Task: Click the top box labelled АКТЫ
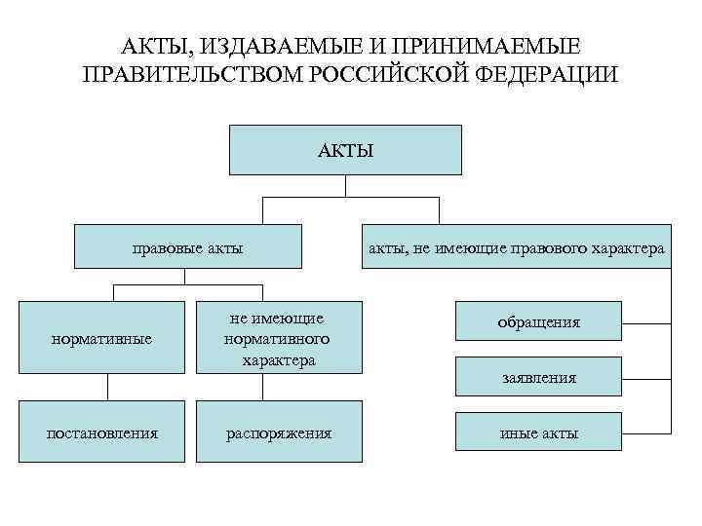pyautogui.click(x=344, y=149)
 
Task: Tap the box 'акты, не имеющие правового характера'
pyautogui.click(x=517, y=248)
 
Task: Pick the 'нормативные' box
pyautogui.click(x=101, y=338)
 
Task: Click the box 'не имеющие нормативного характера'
pyautogui.click(x=277, y=338)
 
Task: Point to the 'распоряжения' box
pyautogui.click(x=277, y=432)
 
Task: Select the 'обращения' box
pyautogui.click(x=538, y=321)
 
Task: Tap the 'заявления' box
pyautogui.click(x=538, y=376)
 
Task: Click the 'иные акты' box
pyautogui.click(x=538, y=432)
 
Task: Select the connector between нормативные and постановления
pyautogui.click(x=108, y=386)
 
